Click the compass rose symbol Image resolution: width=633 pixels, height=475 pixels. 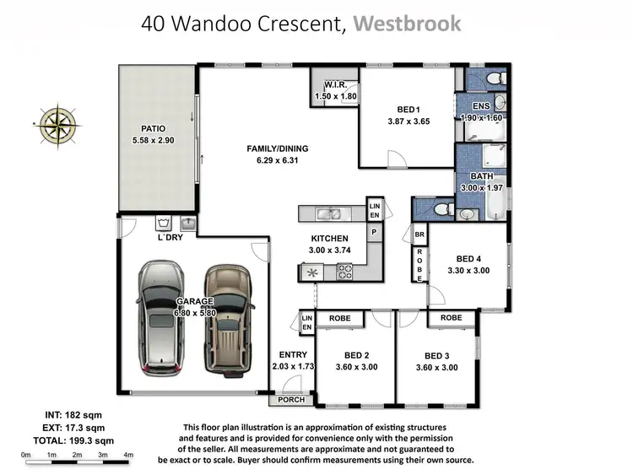pos(58,126)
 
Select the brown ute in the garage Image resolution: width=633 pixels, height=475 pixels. pos(229,321)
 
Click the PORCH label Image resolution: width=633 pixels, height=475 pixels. pos(291,400)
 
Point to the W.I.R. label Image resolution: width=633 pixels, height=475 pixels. pos(335,84)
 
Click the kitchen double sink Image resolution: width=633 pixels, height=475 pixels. pos(330,213)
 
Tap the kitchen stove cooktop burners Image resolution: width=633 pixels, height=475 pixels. pos(344,271)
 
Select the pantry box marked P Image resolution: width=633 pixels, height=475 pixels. pos(375,233)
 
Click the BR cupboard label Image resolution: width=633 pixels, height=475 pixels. pos(419,235)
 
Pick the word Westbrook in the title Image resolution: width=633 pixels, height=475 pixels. pos(407,24)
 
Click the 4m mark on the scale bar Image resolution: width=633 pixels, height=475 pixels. pos(128,455)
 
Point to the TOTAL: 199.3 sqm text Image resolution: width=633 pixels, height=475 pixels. pos(73,440)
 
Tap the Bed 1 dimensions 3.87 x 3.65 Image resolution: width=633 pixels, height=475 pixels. pos(408,121)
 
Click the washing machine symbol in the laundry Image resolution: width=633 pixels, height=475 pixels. pos(164,223)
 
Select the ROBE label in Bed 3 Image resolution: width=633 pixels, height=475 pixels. pos(452,317)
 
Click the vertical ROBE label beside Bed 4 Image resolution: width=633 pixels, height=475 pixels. pos(419,265)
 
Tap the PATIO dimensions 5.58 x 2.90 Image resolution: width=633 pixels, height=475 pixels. pos(153,140)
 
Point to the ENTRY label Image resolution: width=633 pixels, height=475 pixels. pos(293,354)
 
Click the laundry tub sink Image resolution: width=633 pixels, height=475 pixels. pos(188,223)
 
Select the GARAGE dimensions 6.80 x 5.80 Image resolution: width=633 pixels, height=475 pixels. pos(195,313)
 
